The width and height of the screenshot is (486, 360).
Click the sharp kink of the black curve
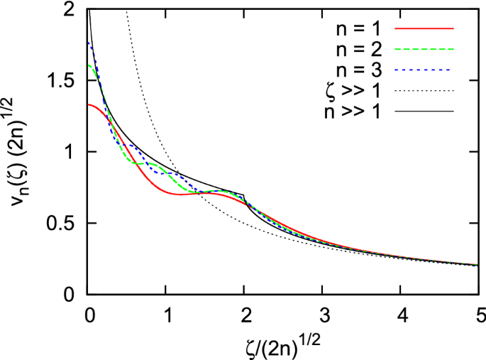coord(244,195)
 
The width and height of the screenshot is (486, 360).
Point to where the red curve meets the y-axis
coord(89,104)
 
